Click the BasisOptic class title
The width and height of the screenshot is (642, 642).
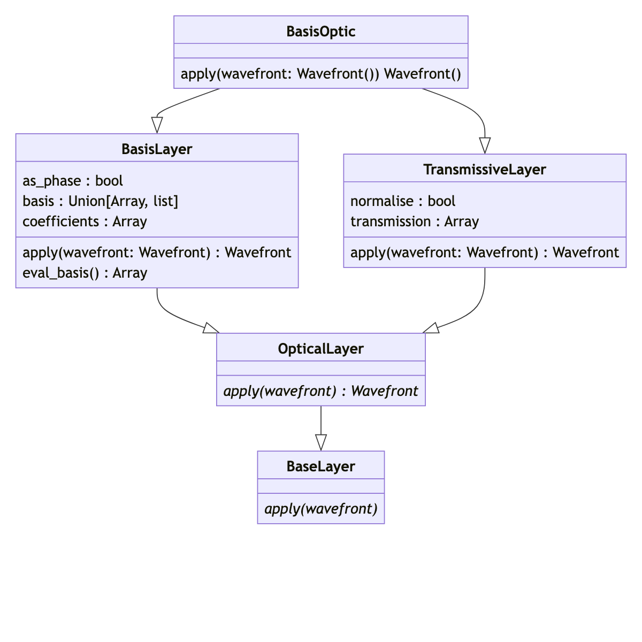(x=321, y=32)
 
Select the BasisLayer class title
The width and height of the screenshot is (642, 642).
(x=157, y=149)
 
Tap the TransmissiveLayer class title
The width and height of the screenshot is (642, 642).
(x=485, y=170)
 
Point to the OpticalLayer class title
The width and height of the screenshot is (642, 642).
(x=321, y=349)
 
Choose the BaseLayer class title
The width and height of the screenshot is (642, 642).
(x=321, y=467)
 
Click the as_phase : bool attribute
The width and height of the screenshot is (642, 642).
(x=73, y=181)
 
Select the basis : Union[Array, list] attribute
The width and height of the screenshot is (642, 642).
(x=100, y=201)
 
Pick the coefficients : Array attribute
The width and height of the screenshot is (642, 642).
(x=85, y=221)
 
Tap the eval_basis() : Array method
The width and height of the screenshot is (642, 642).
(x=85, y=273)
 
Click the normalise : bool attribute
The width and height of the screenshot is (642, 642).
(x=403, y=201)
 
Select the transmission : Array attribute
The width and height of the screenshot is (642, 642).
(x=415, y=221)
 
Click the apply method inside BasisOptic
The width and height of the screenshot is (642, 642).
(x=321, y=73)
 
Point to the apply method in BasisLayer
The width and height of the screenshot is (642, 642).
(x=157, y=252)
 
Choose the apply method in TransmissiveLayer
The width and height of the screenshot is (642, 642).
(x=485, y=252)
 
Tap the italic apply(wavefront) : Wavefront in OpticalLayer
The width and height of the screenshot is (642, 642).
(x=321, y=391)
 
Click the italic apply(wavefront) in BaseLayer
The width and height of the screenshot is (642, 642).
(x=321, y=508)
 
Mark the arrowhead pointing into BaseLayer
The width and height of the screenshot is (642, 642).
(x=321, y=443)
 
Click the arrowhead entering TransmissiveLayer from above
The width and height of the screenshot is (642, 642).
(x=485, y=146)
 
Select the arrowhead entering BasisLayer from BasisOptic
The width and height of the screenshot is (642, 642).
(x=157, y=126)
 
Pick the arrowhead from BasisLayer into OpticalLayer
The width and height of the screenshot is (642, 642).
(x=211, y=328)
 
